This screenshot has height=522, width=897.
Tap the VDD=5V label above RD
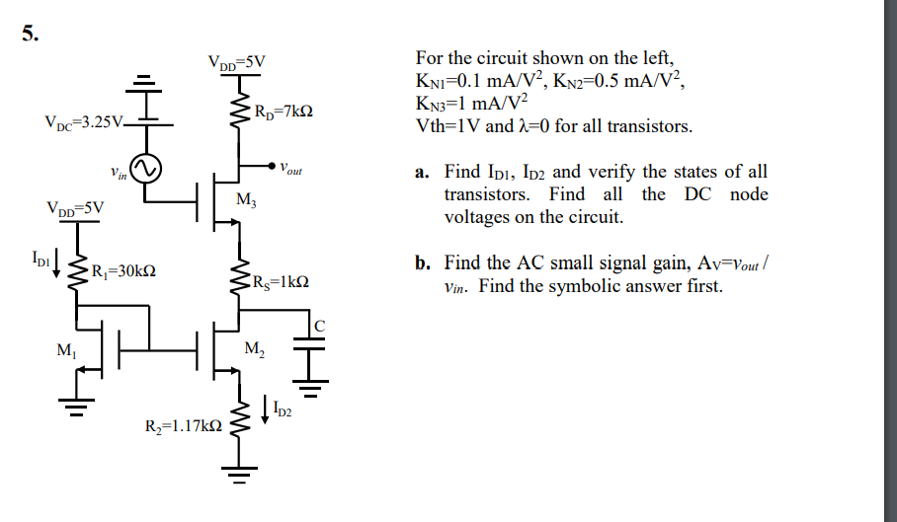coord(236,62)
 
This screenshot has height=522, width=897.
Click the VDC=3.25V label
coord(84,124)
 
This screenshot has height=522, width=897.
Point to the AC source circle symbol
coord(146,170)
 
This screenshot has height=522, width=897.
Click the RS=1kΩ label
coord(283,280)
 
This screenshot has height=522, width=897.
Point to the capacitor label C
coord(318,326)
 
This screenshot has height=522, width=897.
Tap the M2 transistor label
coord(254,348)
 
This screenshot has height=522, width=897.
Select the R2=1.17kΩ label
coord(183,426)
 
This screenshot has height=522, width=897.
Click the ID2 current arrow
coord(266,407)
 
